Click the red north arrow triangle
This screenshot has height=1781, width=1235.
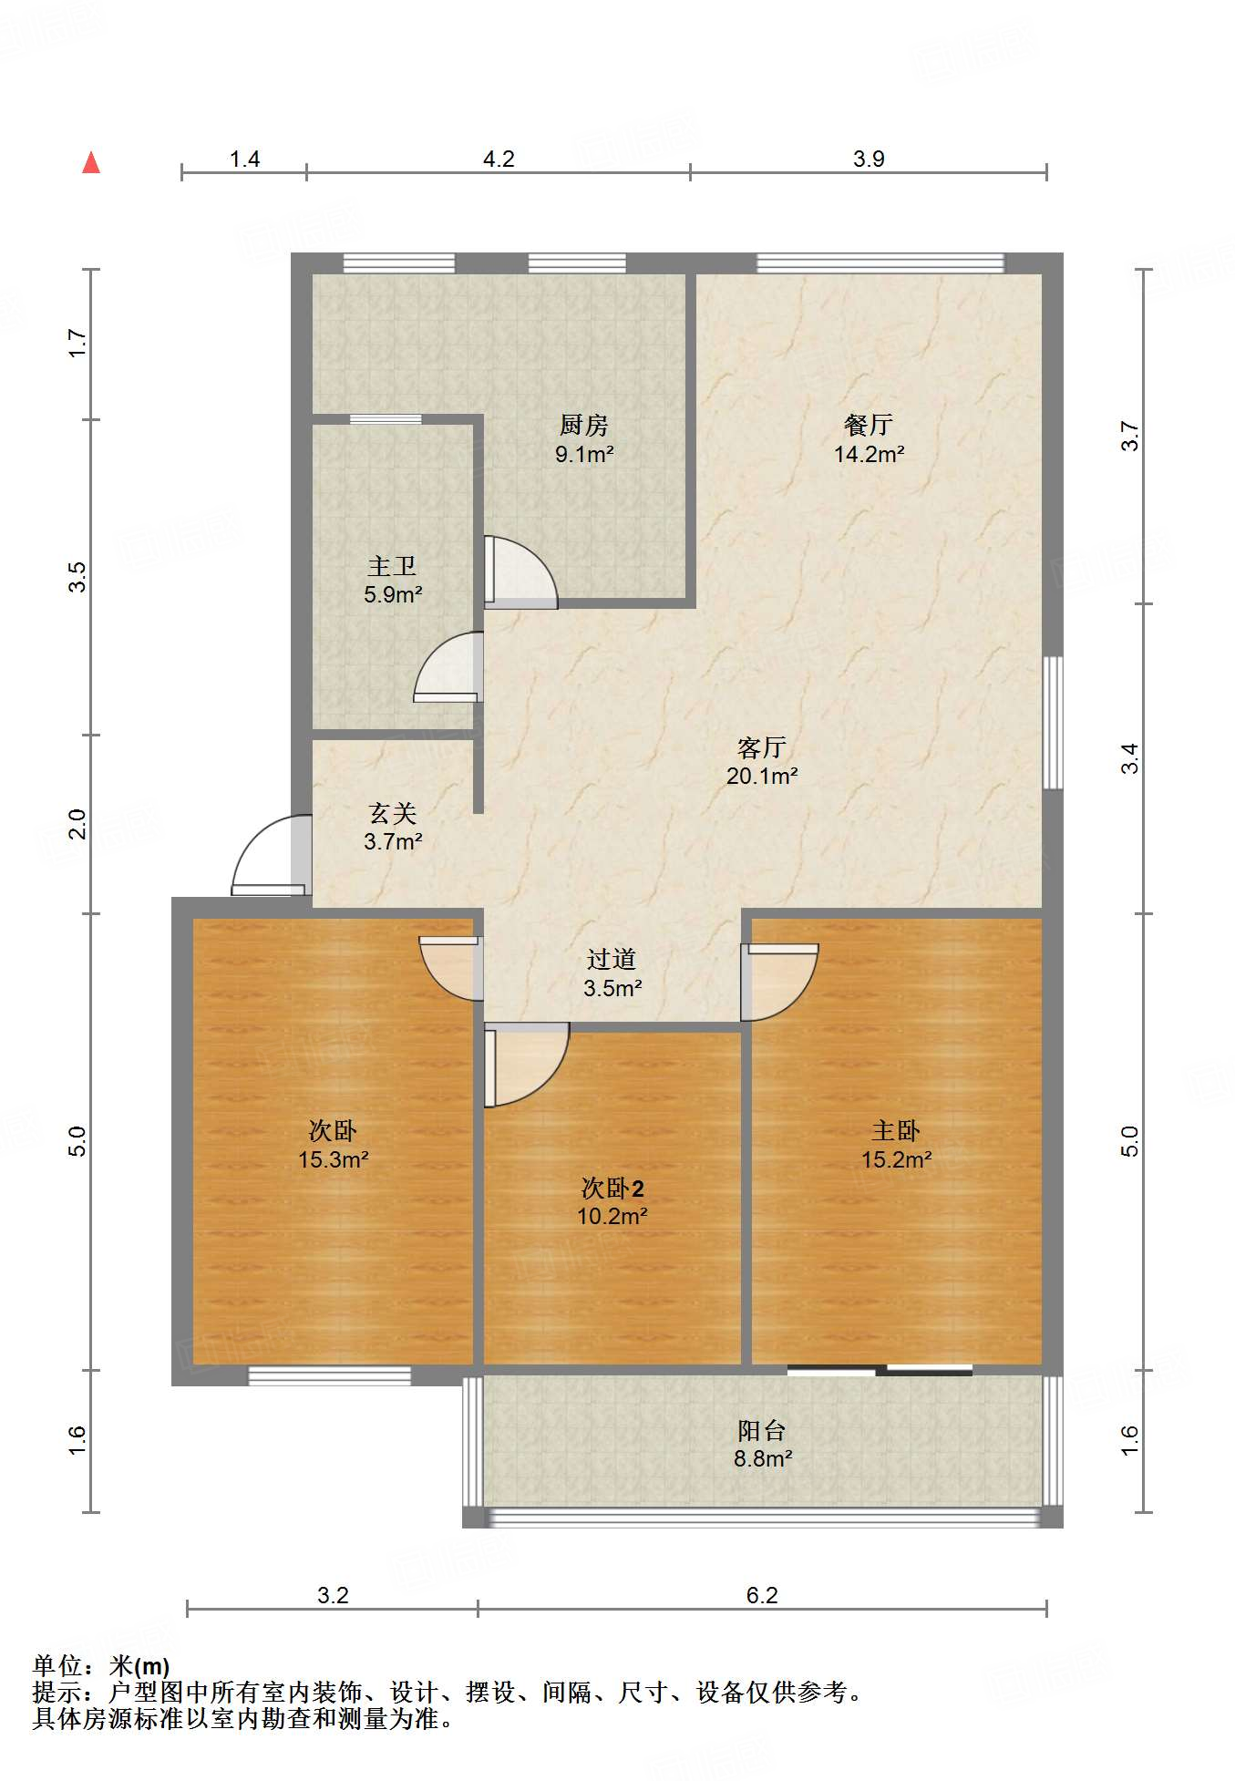tap(91, 162)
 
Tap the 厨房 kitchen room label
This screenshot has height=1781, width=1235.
tap(584, 425)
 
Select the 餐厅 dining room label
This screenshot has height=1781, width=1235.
tap(868, 425)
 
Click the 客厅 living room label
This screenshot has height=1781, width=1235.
tap(762, 747)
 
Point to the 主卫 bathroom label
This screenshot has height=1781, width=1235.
tap(392, 566)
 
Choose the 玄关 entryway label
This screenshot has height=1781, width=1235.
tap(393, 813)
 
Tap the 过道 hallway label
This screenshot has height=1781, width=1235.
tap(612, 959)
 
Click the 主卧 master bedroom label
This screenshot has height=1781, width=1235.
tap(896, 1131)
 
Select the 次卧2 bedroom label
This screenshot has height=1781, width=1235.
tap(612, 1188)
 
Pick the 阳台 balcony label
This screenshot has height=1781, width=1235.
tap(762, 1430)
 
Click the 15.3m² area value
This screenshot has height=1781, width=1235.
tap(334, 1159)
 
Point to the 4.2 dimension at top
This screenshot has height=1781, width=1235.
tap(499, 159)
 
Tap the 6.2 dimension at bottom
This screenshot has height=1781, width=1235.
tap(762, 1595)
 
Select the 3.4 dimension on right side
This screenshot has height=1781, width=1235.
tap(1130, 758)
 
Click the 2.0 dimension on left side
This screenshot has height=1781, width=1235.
tap(77, 824)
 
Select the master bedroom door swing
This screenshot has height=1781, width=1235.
tap(779, 983)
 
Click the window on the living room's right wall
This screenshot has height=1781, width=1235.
tap(1053, 722)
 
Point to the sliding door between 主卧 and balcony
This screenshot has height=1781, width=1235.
tap(880, 1369)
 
